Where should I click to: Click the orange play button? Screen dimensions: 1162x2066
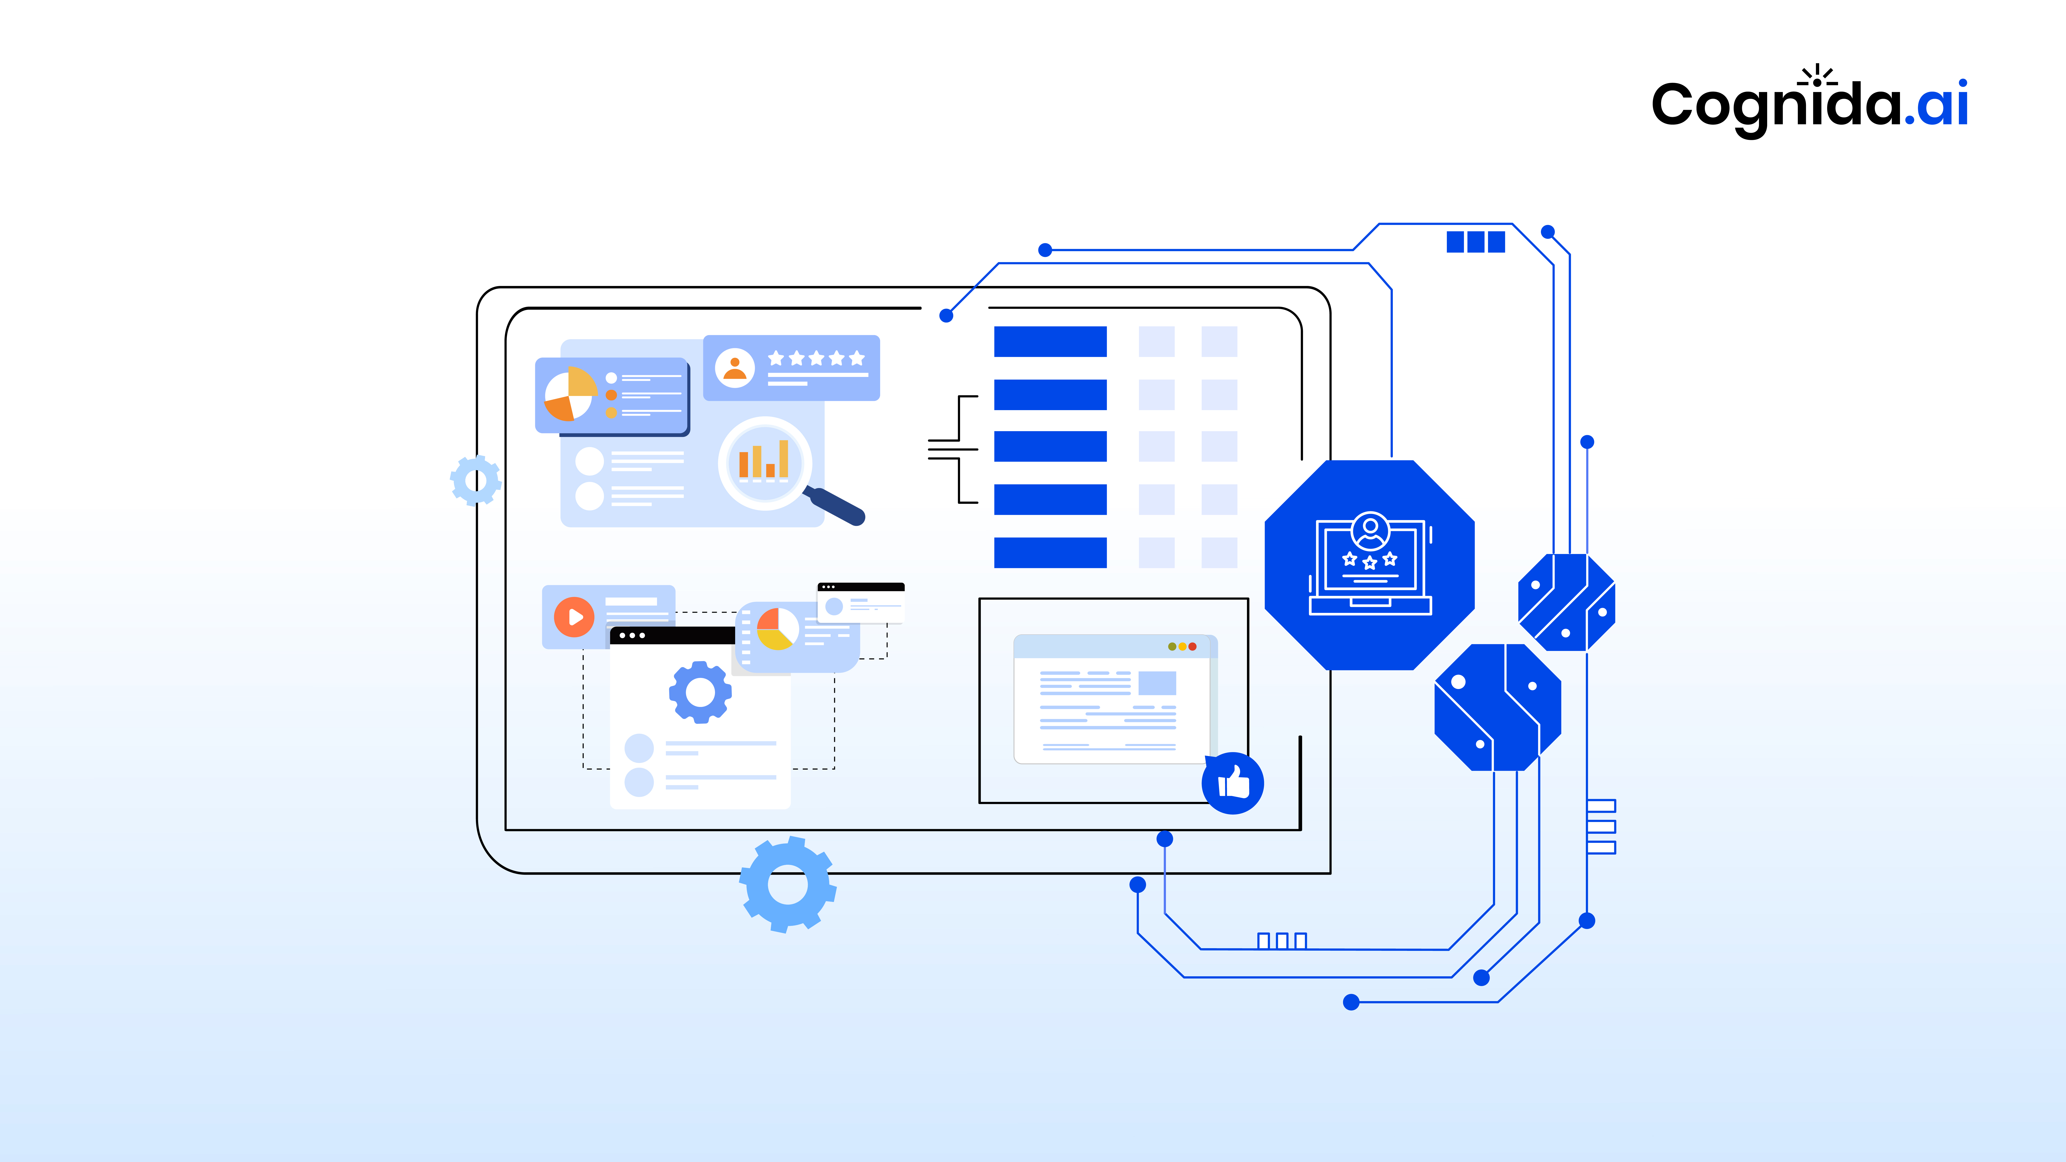click(x=574, y=617)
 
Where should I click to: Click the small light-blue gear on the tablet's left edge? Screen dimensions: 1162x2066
click(x=475, y=480)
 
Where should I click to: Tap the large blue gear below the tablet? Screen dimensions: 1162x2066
click(x=788, y=884)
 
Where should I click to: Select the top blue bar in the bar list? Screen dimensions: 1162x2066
click(x=1050, y=342)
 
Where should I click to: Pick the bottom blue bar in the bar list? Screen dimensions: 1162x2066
click(x=1050, y=552)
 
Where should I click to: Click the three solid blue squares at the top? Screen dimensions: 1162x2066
click(x=1476, y=241)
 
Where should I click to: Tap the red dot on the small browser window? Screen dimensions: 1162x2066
click(x=1192, y=646)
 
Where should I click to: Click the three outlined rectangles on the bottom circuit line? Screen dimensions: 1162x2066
click(x=1282, y=941)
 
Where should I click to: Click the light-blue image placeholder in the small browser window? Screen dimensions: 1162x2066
click(x=1156, y=683)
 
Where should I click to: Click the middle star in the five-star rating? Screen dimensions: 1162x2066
click(x=816, y=359)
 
